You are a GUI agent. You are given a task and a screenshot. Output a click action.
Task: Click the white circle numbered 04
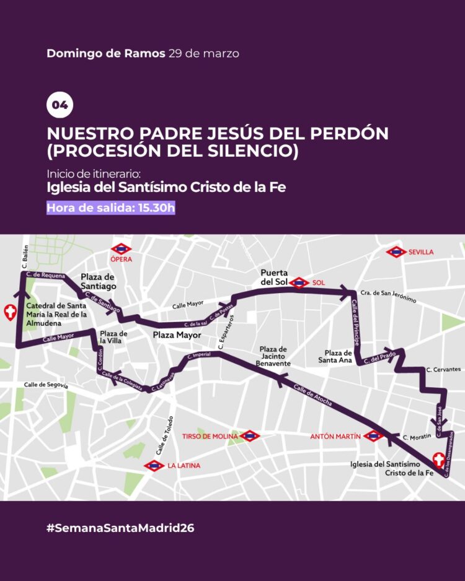(x=60, y=105)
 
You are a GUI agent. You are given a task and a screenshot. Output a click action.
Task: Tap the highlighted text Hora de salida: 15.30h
(x=111, y=208)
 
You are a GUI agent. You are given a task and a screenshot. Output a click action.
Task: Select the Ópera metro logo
(x=121, y=248)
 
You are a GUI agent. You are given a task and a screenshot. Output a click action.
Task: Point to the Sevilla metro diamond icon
(x=396, y=252)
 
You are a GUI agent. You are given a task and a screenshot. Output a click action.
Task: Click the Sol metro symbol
(x=299, y=282)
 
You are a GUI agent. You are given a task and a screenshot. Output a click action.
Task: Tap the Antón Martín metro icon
(x=373, y=436)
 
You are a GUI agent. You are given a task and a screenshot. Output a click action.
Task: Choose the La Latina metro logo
(x=154, y=465)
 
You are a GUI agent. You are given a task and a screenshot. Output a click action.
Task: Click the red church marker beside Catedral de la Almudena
(x=10, y=313)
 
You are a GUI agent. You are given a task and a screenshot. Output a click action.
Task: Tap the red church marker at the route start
(x=439, y=460)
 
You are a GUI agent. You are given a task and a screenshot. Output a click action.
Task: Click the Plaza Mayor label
(x=177, y=335)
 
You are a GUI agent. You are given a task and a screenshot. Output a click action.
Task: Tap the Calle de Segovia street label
(x=45, y=385)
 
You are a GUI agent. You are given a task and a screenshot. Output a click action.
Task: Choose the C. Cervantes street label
(x=443, y=369)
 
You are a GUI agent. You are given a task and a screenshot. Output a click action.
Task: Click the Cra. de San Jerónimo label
(x=388, y=296)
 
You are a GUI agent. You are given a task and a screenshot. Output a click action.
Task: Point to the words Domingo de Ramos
(x=105, y=53)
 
